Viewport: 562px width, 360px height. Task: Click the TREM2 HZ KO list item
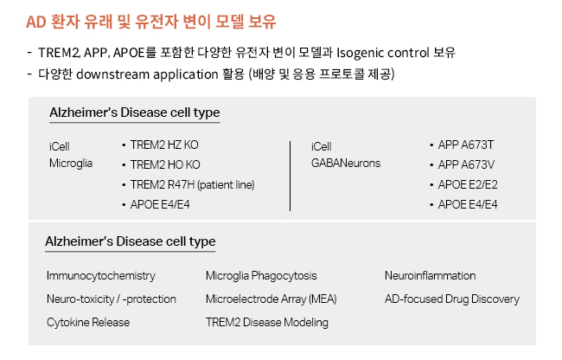(164, 145)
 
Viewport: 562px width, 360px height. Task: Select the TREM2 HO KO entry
(165, 164)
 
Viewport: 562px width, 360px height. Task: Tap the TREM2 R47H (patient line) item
(193, 184)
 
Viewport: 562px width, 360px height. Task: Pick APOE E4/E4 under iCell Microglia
(160, 204)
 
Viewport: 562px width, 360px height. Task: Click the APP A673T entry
(466, 145)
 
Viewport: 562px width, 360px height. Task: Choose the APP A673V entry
(466, 164)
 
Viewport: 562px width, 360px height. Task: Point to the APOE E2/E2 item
(468, 184)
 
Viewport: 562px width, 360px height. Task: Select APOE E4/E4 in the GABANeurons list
(468, 204)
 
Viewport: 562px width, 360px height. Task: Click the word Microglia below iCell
(71, 164)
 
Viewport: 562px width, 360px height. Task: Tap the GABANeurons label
(346, 164)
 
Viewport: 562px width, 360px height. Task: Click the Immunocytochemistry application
(101, 276)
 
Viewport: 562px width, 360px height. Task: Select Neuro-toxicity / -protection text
(112, 299)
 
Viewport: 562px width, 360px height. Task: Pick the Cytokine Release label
(88, 322)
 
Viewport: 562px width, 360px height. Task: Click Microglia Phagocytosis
(261, 276)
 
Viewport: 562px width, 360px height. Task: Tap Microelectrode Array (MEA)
(271, 299)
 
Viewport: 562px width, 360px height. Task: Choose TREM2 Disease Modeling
(267, 322)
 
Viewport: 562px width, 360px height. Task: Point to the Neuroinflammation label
(431, 276)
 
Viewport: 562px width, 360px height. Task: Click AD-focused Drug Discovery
(452, 299)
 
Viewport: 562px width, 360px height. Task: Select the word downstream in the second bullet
(113, 74)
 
